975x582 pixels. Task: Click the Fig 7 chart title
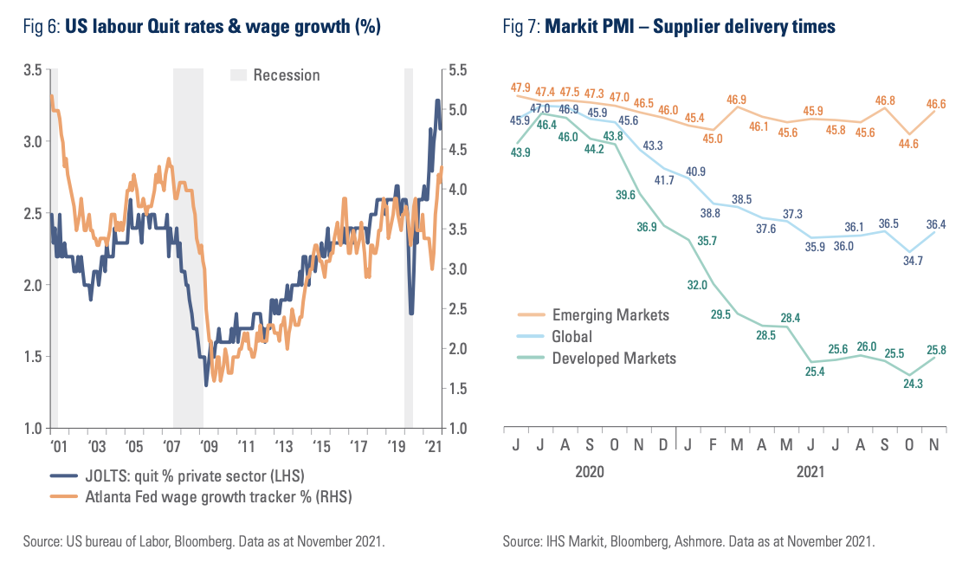[x=668, y=27]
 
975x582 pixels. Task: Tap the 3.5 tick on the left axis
[x=32, y=70]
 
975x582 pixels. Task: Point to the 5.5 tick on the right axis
[x=458, y=70]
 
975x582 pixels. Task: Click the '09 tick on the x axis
[x=208, y=447]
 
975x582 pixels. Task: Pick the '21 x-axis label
[x=433, y=447]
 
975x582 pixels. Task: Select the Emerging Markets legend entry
[x=610, y=315]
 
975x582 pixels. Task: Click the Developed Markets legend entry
[x=614, y=358]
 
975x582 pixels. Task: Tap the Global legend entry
[x=571, y=337]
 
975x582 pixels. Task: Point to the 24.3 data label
[x=911, y=383]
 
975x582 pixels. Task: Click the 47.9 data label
[x=520, y=88]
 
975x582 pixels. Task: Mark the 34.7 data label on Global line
[x=911, y=260]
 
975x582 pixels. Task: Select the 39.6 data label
[x=625, y=195]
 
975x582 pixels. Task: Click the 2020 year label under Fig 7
[x=588, y=472]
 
